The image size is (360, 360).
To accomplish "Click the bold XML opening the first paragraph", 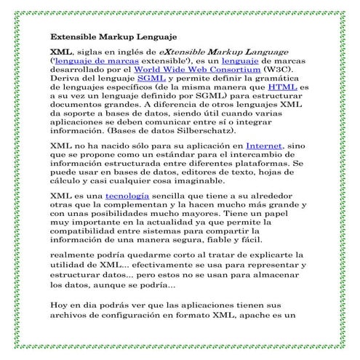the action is coord(60,53).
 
